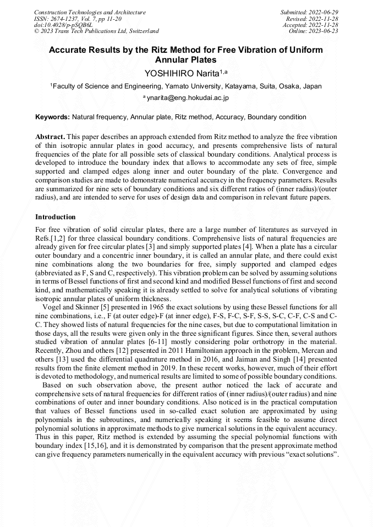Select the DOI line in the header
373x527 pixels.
pyautogui.click(x=63, y=25)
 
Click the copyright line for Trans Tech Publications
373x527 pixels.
pyautogui.click(x=96, y=31)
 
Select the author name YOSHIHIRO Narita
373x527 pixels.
pyautogui.click(x=186, y=73)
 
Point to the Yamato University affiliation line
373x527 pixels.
pyautogui.click(x=186, y=86)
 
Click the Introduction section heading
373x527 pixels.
pyautogui.click(x=56, y=217)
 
